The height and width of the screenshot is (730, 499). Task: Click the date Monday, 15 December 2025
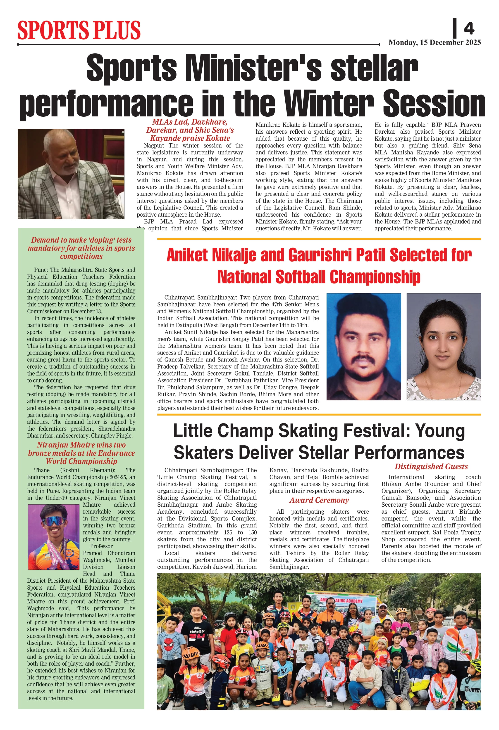(x=435, y=43)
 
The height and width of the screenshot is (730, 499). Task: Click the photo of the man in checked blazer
(x=71, y=174)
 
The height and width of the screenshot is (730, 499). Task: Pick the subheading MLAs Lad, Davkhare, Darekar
(x=190, y=130)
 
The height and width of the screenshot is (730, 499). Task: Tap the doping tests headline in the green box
(x=81, y=248)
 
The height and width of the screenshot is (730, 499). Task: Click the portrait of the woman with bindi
(x=443, y=347)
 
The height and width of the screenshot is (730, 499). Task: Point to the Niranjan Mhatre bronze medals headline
(x=81, y=453)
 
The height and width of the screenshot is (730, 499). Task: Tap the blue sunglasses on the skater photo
(x=54, y=521)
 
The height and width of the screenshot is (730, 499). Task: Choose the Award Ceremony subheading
(x=319, y=500)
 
